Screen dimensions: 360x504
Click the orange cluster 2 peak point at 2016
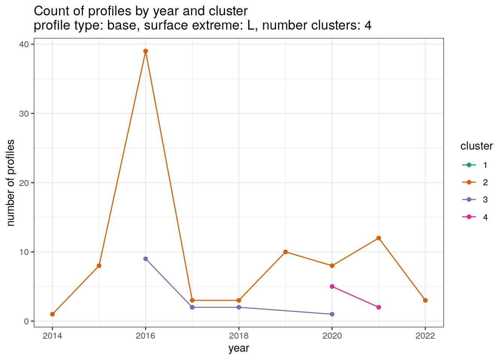145,51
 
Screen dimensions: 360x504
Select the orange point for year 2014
52,314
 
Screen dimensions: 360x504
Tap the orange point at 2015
99,266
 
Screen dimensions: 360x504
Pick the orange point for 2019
285,252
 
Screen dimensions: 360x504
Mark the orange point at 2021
379,238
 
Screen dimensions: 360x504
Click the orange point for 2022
425,300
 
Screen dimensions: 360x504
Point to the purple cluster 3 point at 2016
145,259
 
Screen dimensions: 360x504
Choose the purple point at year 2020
332,314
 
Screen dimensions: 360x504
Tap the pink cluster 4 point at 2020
332,286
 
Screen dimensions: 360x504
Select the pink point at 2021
379,307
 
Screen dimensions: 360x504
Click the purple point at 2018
239,307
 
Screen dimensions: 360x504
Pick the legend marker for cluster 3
469,199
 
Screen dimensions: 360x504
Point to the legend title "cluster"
476,146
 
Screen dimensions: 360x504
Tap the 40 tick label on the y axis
24,44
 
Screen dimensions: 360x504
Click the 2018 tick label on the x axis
239,336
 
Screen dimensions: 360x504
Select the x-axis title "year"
239,348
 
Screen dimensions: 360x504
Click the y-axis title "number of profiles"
10,183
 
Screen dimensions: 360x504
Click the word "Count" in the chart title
50,11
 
